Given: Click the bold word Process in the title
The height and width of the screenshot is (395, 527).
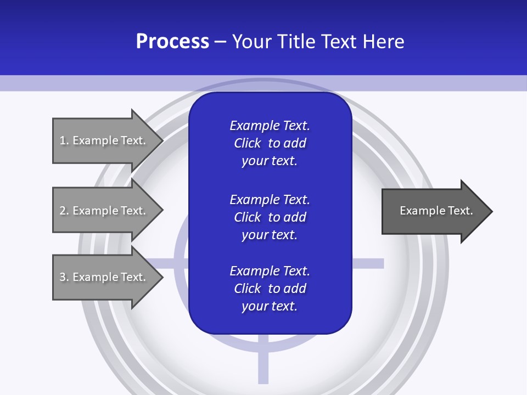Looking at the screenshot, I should click(x=172, y=42).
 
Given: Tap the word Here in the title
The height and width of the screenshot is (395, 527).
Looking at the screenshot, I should click(x=383, y=42).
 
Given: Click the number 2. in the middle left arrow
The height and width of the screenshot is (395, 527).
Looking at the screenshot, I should click(x=64, y=211).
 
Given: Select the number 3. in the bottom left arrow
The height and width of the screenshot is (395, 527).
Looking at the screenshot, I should click(x=64, y=277).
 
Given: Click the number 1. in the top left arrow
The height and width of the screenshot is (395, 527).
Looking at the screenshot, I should click(x=64, y=140).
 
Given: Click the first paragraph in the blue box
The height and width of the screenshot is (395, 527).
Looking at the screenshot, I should click(x=270, y=143).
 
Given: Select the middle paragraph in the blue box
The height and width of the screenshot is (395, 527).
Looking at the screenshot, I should click(x=270, y=217).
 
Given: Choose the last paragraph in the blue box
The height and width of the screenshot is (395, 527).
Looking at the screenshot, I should click(x=270, y=289).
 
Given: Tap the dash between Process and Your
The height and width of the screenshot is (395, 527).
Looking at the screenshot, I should click(x=221, y=42).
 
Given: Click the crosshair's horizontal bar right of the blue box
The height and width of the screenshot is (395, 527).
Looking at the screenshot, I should click(x=367, y=263).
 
